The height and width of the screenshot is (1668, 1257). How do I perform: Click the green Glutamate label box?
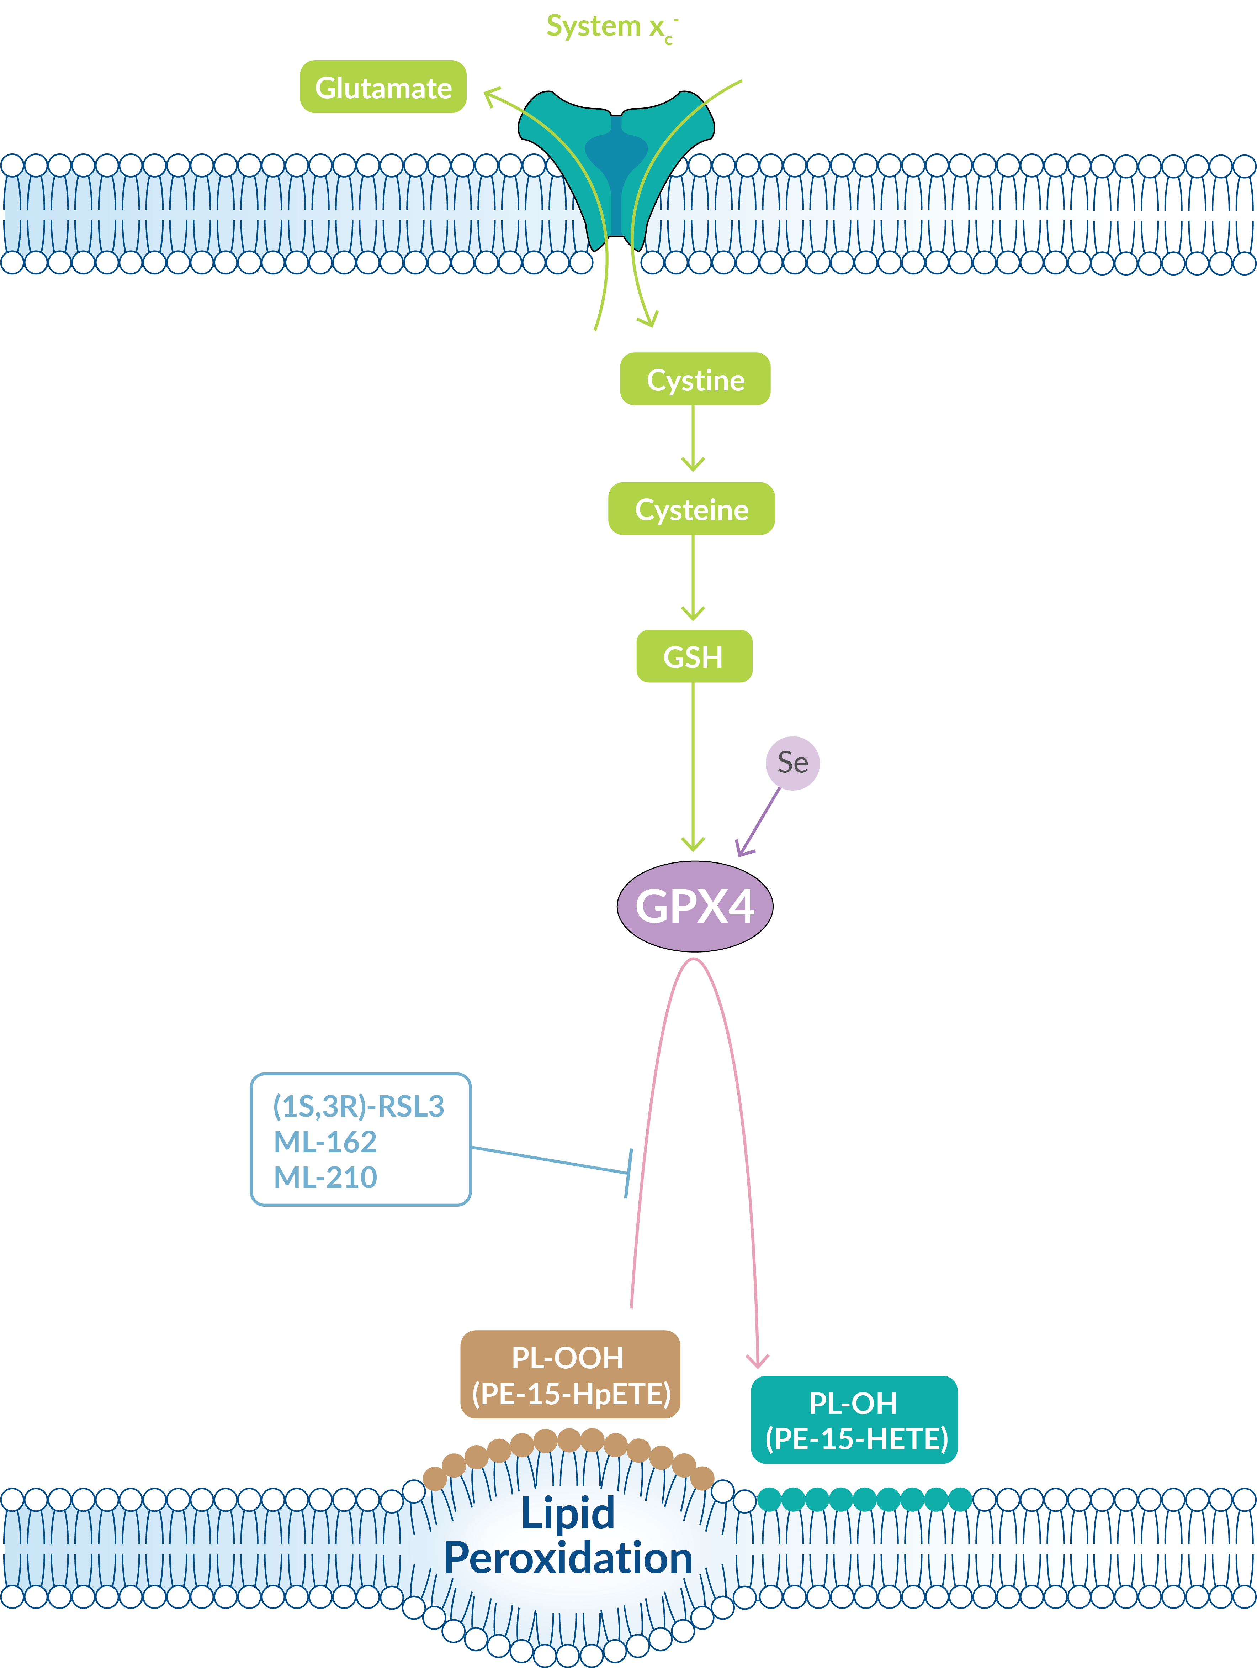pyautogui.click(x=383, y=88)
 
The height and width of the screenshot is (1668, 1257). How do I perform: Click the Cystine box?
pyautogui.click(x=695, y=379)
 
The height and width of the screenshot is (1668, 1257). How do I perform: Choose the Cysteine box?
pyautogui.click(x=691, y=509)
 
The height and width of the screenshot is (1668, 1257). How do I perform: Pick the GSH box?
pyautogui.click(x=693, y=657)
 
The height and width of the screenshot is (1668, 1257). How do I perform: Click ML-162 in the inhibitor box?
pyautogui.click(x=325, y=1142)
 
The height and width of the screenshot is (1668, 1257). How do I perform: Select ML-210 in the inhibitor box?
pyautogui.click(x=325, y=1177)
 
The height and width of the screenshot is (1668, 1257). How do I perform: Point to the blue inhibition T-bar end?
pyautogui.click(x=628, y=1173)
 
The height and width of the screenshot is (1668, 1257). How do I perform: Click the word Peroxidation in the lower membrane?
pyautogui.click(x=567, y=1558)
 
